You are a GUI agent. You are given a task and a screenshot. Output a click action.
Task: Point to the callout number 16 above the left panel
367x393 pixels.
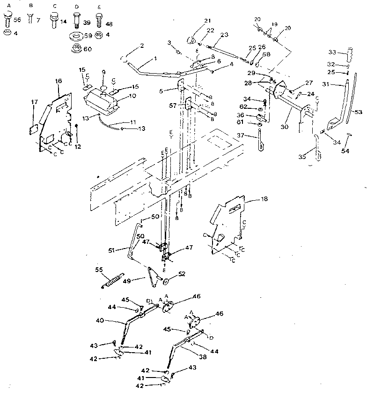[x=58, y=81]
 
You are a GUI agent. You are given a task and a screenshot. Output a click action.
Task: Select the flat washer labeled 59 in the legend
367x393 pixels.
[x=75, y=37]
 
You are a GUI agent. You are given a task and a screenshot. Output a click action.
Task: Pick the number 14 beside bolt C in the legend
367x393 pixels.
[x=63, y=21]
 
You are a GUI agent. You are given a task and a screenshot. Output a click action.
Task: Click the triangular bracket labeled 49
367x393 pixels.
[x=151, y=277]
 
